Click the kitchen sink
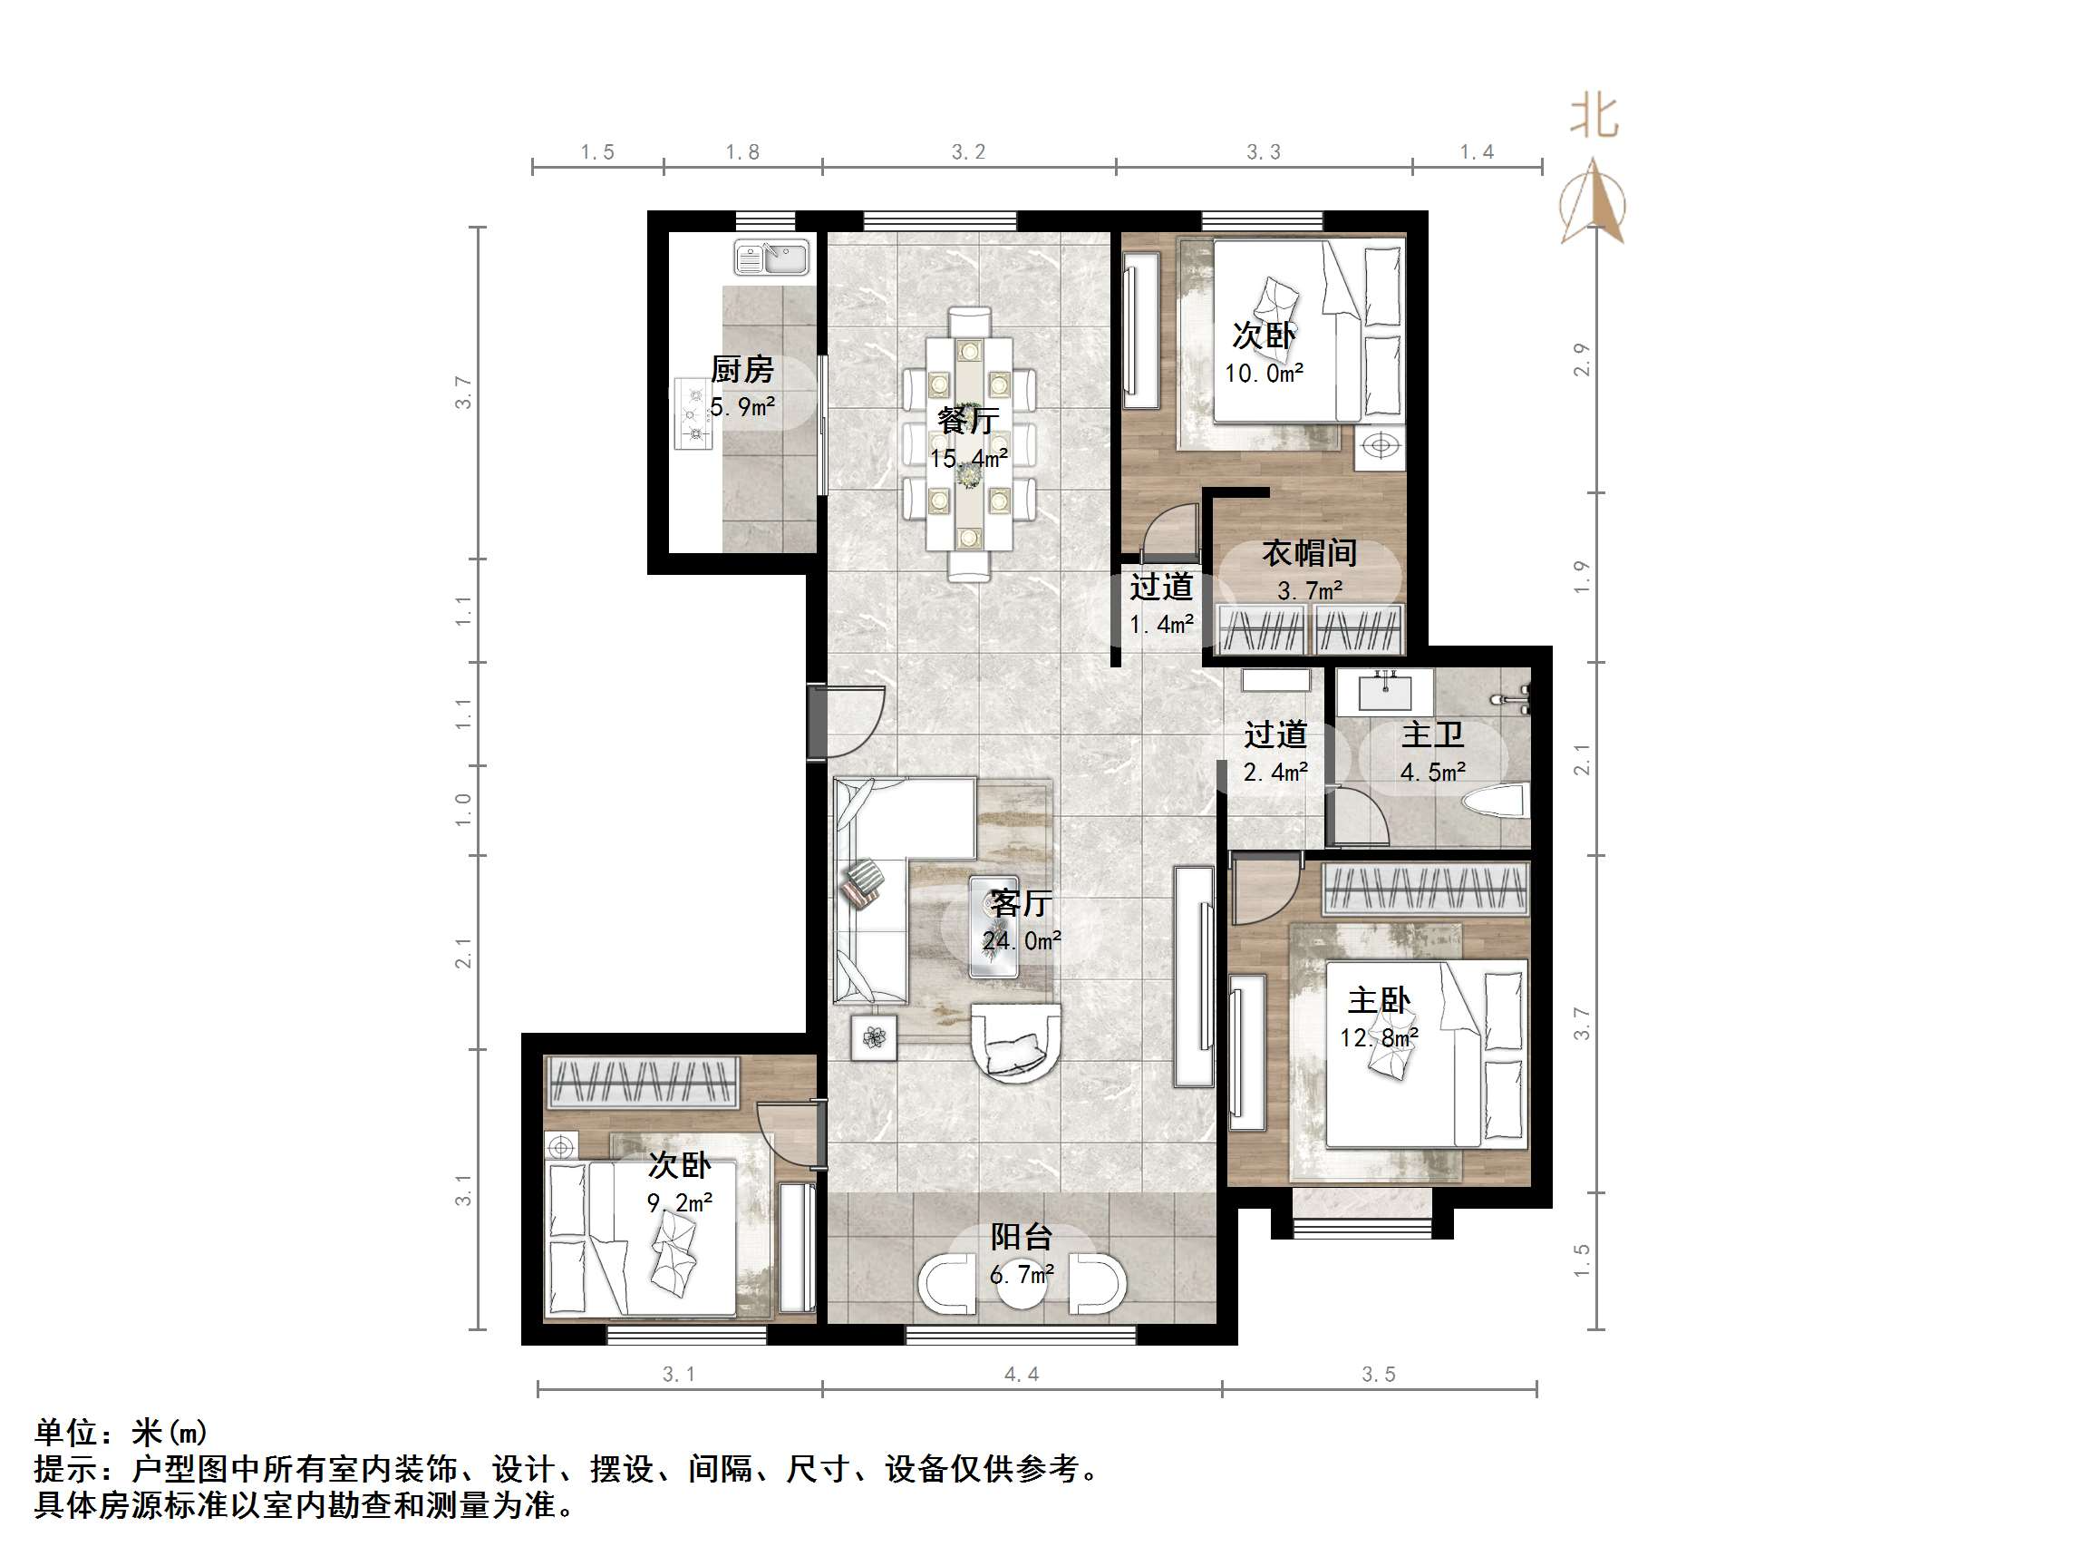tap(771, 258)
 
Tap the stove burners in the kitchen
tap(693, 413)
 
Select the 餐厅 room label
tap(967, 419)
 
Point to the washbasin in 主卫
tap(1385, 692)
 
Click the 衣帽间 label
tap(1309, 553)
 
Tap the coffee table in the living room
tap(993, 927)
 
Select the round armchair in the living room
tap(1015, 1042)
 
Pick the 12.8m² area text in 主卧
tap(1379, 1038)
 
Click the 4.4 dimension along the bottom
tap(1021, 1375)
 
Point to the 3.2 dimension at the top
tap(967, 152)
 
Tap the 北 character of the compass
tap(1594, 117)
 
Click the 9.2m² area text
tap(679, 1202)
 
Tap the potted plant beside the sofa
tap(874, 1037)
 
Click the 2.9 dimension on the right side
tap(1582, 359)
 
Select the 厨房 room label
tap(741, 370)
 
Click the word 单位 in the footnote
tap(65, 1432)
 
